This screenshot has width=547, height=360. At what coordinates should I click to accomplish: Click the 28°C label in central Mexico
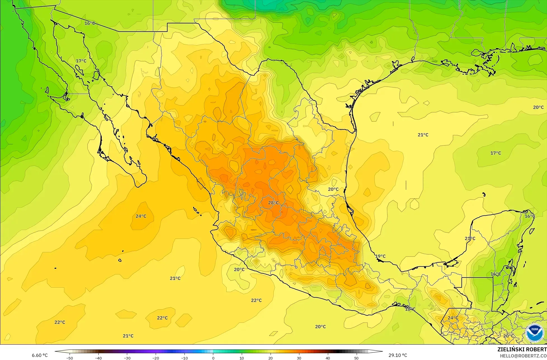point(273,203)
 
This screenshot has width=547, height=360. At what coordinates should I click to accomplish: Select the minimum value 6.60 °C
point(40,355)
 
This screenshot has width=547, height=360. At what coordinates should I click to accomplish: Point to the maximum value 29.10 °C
point(398,355)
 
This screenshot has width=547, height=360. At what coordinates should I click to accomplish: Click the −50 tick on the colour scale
point(69,358)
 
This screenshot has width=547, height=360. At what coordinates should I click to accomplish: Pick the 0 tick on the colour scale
point(213,358)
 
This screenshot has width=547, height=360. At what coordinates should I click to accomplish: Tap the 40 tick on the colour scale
point(328,358)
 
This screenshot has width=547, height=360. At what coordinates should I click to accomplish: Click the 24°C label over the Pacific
point(141,216)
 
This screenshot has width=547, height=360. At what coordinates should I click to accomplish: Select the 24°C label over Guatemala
point(453,318)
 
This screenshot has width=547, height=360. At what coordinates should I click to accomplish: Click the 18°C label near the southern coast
point(410,309)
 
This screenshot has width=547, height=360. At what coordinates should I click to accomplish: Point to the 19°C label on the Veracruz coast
point(380,256)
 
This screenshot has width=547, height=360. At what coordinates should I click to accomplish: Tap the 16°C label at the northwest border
point(90,23)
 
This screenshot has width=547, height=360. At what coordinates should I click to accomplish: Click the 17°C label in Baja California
point(81,61)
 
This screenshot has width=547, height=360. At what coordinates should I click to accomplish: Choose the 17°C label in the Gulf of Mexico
point(496,153)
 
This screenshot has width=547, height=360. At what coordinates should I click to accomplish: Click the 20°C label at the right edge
point(538,107)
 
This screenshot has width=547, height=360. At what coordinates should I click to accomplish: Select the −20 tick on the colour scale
point(156,358)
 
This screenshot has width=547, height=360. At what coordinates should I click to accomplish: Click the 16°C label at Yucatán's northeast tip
point(529,216)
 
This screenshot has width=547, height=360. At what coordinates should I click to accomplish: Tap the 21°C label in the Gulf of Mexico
point(423,135)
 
